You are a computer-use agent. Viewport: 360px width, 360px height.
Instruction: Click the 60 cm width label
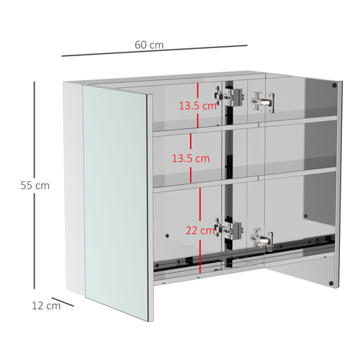[149, 45]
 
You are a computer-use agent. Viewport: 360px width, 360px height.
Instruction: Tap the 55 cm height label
[35, 185]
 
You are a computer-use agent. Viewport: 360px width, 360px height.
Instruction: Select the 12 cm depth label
[45, 305]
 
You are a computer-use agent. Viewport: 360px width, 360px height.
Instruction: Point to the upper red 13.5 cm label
[198, 105]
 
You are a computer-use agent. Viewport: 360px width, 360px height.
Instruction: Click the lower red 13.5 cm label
[190, 158]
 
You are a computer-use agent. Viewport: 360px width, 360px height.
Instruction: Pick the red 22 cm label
[199, 230]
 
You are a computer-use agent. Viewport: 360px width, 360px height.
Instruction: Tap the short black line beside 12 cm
[66, 302]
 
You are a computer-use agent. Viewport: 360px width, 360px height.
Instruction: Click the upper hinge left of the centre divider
[227, 95]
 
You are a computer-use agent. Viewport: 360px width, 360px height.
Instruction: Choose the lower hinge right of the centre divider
[262, 238]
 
